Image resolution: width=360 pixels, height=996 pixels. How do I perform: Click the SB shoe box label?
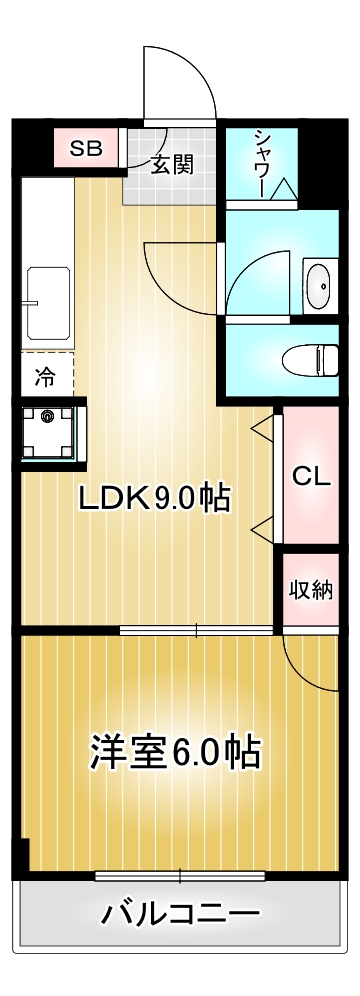coord(85,149)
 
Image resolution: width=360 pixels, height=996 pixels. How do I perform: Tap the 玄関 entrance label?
coord(171,165)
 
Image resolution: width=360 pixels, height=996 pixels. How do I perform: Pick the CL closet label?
coord(311,476)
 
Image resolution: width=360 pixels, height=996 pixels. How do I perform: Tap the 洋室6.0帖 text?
coord(176,750)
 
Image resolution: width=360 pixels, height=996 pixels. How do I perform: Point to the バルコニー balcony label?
coord(181,913)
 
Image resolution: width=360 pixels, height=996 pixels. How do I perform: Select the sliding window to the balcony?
coord(180,876)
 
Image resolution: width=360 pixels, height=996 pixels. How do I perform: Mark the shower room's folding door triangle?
coord(282,189)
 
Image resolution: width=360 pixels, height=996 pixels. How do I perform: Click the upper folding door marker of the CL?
coord(262,429)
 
